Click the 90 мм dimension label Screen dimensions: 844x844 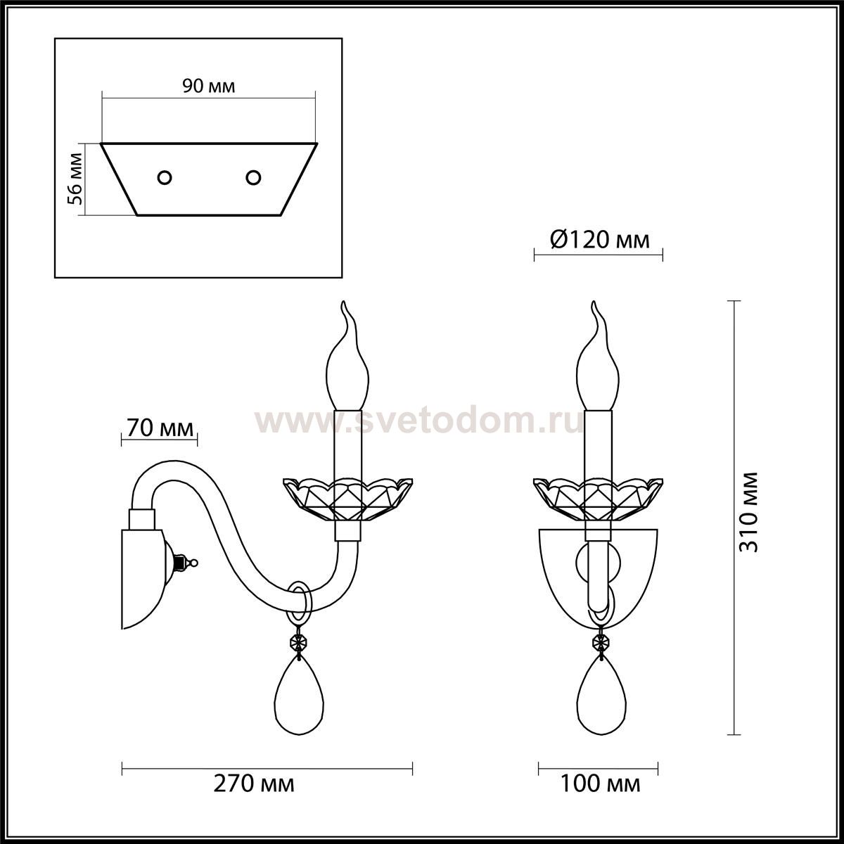click(208, 87)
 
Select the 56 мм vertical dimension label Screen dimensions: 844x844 click(75, 179)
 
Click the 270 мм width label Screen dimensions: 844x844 click(254, 784)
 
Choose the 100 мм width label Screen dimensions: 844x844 click(601, 784)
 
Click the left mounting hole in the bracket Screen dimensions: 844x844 click(165, 178)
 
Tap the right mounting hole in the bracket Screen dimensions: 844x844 click(253, 178)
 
